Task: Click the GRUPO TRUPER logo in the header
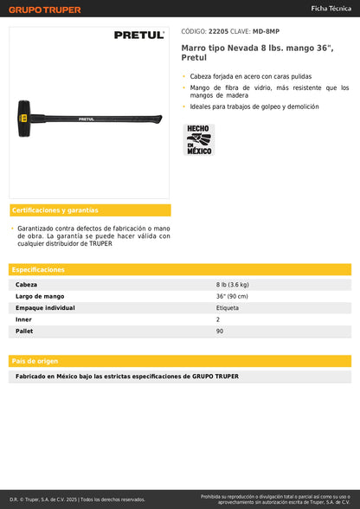45,10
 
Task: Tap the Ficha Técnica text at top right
331,7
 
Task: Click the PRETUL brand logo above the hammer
139,35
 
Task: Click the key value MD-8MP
266,32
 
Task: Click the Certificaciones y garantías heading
55,210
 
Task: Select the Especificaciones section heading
39,269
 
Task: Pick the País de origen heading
35,360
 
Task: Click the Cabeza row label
27,285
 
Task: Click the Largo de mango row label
39,296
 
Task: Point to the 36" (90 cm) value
234,296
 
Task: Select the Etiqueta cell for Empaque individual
228,307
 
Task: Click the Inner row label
23,319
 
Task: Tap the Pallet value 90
220,331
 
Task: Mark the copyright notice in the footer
77,499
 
